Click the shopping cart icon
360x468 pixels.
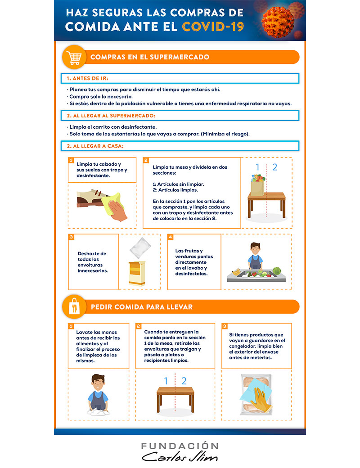(74, 57)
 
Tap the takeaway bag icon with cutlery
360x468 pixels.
(74, 306)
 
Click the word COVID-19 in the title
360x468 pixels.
(213, 27)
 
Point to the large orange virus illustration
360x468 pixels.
(278, 22)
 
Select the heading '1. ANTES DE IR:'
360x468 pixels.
(87, 78)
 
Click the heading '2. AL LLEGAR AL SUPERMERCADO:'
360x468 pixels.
(111, 116)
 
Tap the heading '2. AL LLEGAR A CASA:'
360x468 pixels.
(95, 146)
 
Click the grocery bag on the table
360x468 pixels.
(258, 186)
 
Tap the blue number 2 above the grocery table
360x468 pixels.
(274, 167)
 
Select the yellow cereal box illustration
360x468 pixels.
(137, 273)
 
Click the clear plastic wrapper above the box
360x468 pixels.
(140, 248)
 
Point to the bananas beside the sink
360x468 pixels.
(236, 272)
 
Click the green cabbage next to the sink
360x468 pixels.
(277, 271)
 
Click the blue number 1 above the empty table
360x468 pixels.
(166, 381)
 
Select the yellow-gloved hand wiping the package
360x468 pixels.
(260, 399)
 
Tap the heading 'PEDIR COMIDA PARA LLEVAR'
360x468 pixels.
(142, 307)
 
